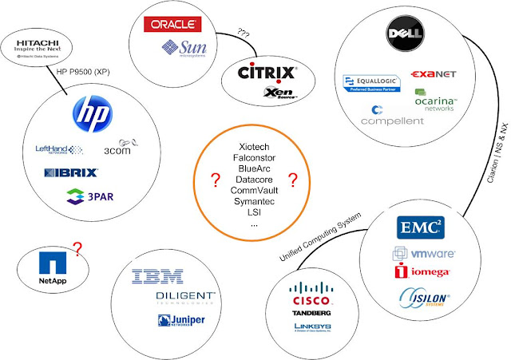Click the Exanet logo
coord(434,74)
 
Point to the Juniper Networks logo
coord(177,321)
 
